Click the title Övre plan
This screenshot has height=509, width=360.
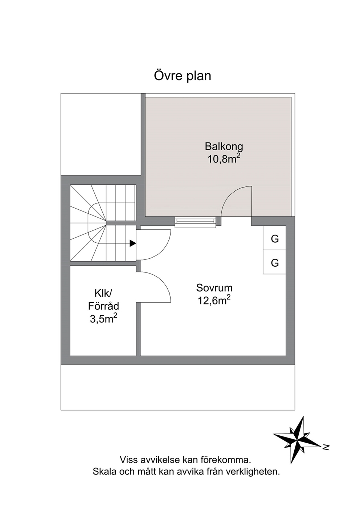pyautogui.click(x=183, y=76)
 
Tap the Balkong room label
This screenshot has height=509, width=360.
pyautogui.click(x=224, y=147)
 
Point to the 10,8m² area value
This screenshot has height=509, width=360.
pyautogui.click(x=224, y=159)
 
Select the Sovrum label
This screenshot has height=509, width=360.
pyautogui.click(x=214, y=288)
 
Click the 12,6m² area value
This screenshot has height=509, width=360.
pyautogui.click(x=214, y=300)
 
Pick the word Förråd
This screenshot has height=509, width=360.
pyautogui.click(x=103, y=306)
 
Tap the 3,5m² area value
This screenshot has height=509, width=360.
pyautogui.click(x=103, y=319)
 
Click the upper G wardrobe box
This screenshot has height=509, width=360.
pyautogui.click(x=274, y=238)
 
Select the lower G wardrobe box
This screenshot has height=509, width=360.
pyautogui.click(x=274, y=262)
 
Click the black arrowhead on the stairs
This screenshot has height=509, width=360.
pyautogui.click(x=133, y=243)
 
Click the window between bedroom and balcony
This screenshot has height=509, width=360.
pyautogui.click(x=195, y=222)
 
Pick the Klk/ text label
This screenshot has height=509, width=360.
pyautogui.click(x=103, y=294)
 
